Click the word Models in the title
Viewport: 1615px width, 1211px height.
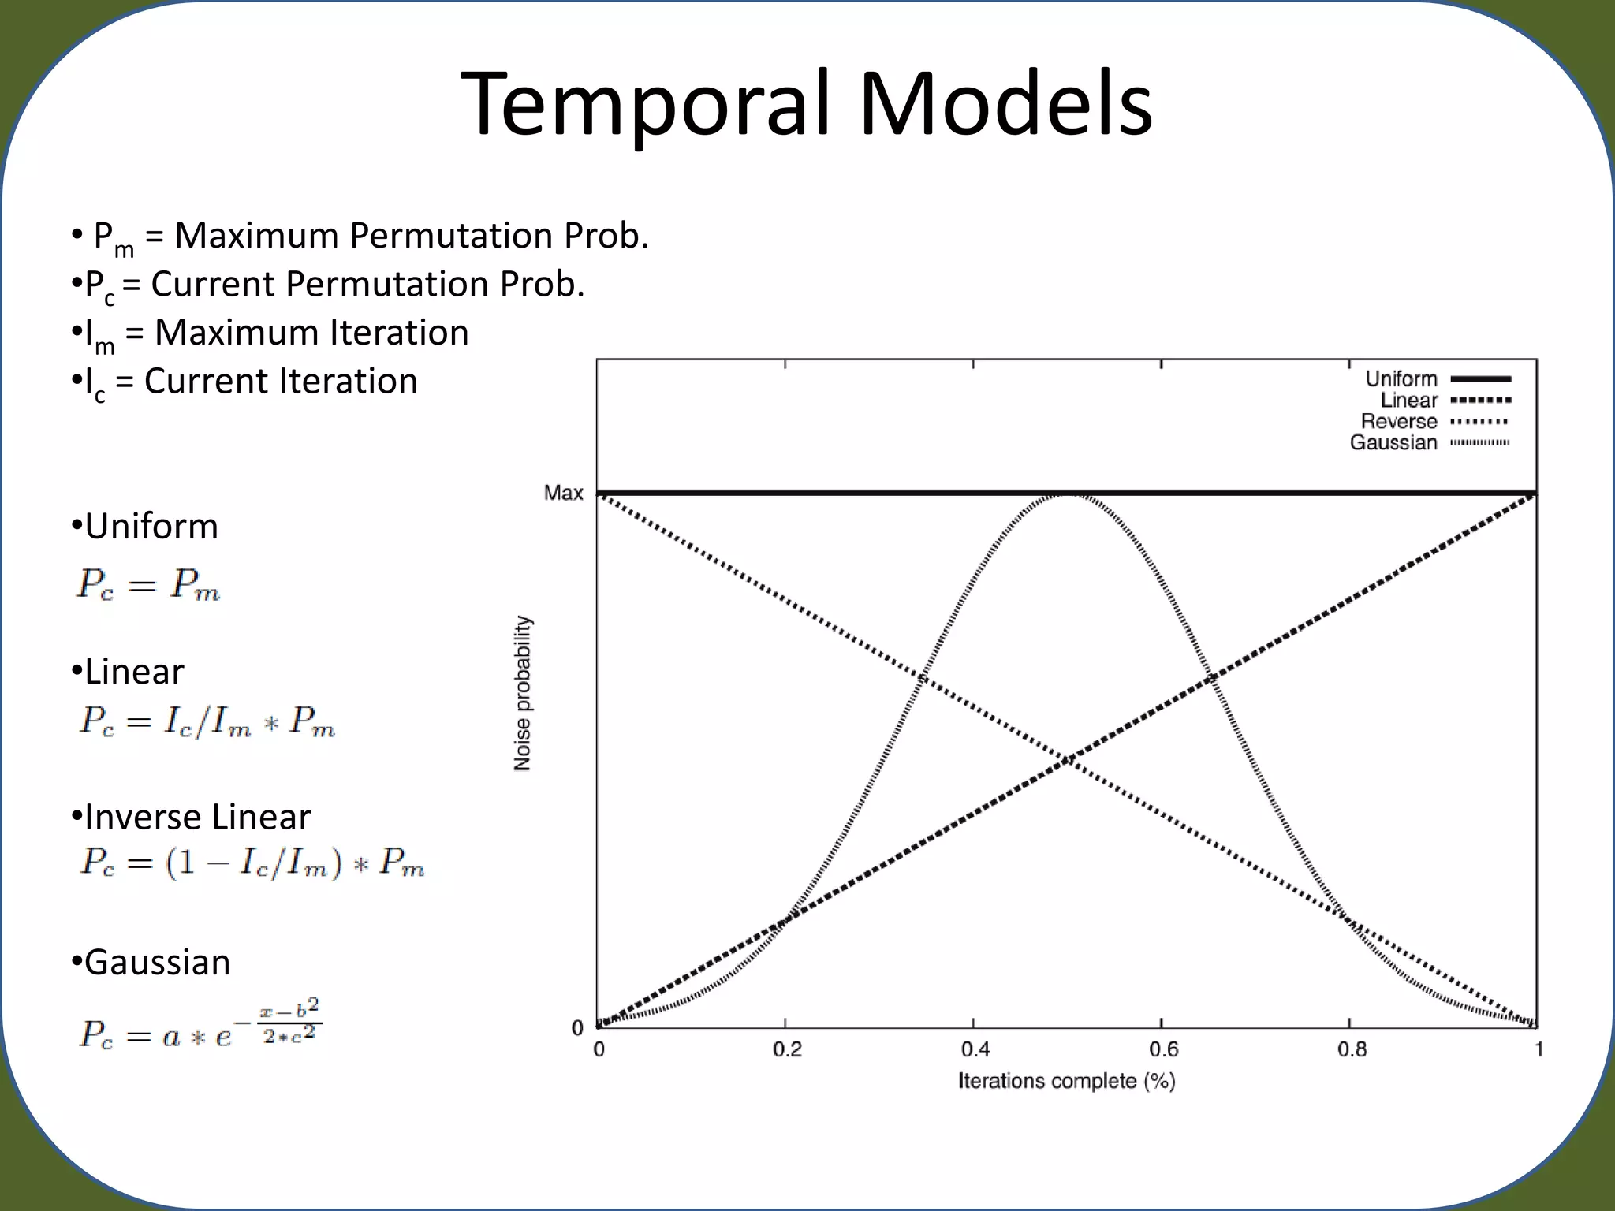tap(1005, 105)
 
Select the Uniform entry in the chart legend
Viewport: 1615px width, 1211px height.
tap(1401, 379)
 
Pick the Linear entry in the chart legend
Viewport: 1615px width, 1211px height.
tap(1409, 401)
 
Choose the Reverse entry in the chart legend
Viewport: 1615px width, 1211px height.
tap(1399, 422)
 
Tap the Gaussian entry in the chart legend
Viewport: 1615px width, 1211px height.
tap(1393, 442)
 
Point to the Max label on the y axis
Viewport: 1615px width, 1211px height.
tap(563, 494)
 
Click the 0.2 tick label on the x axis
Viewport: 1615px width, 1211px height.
tap(786, 1049)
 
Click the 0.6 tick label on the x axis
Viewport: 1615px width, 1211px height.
tap(1163, 1049)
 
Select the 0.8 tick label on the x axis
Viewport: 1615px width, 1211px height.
tap(1352, 1049)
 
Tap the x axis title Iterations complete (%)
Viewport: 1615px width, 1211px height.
tap(1066, 1081)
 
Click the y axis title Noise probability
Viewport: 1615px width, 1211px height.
tap(523, 693)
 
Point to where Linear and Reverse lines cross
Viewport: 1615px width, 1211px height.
tap(1067, 761)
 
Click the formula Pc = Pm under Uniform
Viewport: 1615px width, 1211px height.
tap(148, 586)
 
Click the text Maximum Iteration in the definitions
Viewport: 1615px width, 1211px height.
tap(311, 333)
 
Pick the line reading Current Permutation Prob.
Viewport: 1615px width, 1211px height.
tap(367, 284)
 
